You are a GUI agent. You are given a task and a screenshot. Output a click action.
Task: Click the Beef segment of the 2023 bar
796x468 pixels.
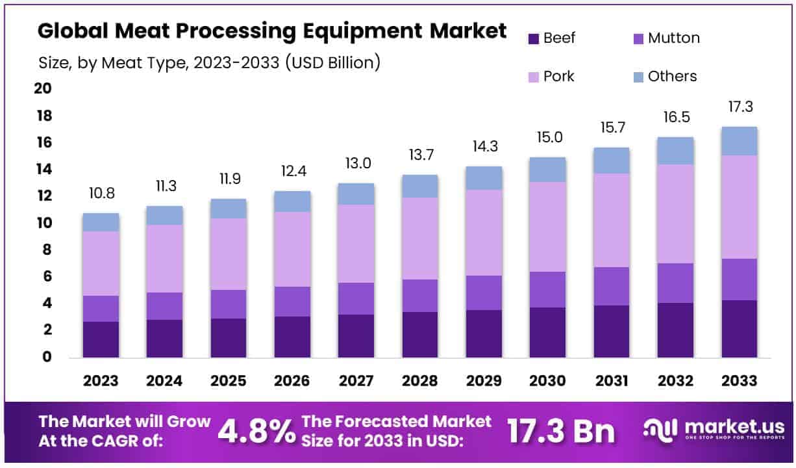pyautogui.click(x=101, y=339)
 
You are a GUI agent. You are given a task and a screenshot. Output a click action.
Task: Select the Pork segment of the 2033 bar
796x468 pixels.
pyautogui.click(x=739, y=207)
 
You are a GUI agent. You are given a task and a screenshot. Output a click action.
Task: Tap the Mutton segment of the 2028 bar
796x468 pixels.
pyautogui.click(x=419, y=296)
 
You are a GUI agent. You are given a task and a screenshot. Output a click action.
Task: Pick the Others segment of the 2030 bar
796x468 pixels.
pyautogui.click(x=547, y=170)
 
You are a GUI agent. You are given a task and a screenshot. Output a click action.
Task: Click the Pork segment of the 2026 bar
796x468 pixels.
pyautogui.click(x=292, y=249)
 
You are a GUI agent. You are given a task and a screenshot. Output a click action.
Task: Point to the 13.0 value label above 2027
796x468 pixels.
pyautogui.click(x=356, y=164)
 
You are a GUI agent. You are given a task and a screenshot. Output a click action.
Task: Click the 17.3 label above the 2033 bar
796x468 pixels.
pyautogui.click(x=740, y=107)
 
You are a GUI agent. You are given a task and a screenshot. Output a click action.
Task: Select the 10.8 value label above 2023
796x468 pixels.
pyautogui.click(x=101, y=194)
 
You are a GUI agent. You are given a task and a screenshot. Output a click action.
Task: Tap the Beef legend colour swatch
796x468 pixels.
pyautogui.click(x=533, y=38)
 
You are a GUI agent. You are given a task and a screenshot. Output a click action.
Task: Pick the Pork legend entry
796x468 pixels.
pyautogui.click(x=558, y=77)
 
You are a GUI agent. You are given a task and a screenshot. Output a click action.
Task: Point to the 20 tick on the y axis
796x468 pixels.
pyautogui.click(x=44, y=88)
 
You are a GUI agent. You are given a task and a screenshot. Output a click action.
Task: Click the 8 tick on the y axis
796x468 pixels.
pyautogui.click(x=47, y=250)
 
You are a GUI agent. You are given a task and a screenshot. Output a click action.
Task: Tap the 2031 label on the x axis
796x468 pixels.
pyautogui.click(x=611, y=381)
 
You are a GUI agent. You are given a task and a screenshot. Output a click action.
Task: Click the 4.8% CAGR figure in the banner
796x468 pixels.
pyautogui.click(x=256, y=432)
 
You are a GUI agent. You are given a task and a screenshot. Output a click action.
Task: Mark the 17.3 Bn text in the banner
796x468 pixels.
pyautogui.click(x=562, y=432)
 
